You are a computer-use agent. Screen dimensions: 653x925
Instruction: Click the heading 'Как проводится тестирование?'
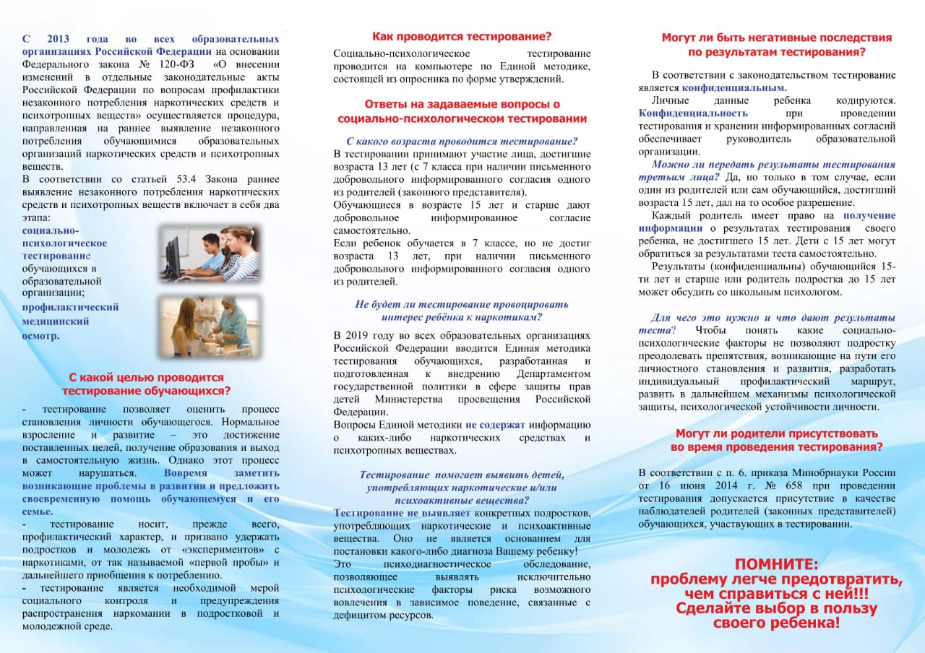coord(461,36)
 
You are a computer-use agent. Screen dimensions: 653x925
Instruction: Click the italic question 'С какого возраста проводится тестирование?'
coord(462,141)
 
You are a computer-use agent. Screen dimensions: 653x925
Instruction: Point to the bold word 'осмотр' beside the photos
coord(40,336)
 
